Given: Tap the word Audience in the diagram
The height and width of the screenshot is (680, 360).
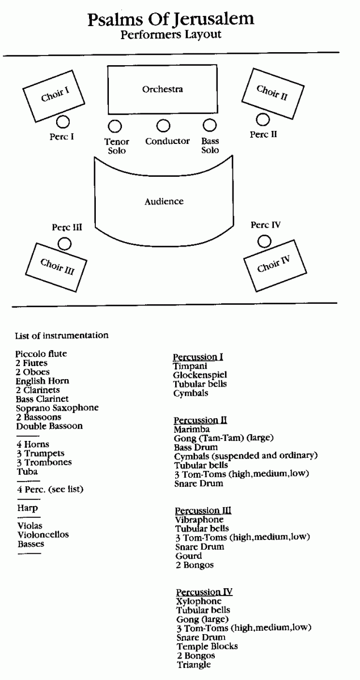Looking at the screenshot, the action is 164,201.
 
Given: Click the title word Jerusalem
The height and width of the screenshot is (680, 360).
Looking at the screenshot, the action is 214,20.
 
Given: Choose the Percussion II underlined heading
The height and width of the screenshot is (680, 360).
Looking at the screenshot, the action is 200,420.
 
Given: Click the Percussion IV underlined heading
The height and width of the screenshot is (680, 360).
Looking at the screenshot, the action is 204,592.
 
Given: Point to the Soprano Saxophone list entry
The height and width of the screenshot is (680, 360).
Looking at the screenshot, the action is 57,408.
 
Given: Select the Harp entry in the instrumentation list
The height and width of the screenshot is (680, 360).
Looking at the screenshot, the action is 28,508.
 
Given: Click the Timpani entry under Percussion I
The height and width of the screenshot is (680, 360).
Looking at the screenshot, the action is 190,366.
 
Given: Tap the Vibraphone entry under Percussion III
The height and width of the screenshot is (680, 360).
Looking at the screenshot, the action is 200,520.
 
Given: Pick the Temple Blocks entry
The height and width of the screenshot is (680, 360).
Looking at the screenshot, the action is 207,646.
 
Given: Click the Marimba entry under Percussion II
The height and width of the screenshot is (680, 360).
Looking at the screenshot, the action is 192,430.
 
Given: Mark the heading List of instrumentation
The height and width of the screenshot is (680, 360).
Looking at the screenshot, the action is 62,335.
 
